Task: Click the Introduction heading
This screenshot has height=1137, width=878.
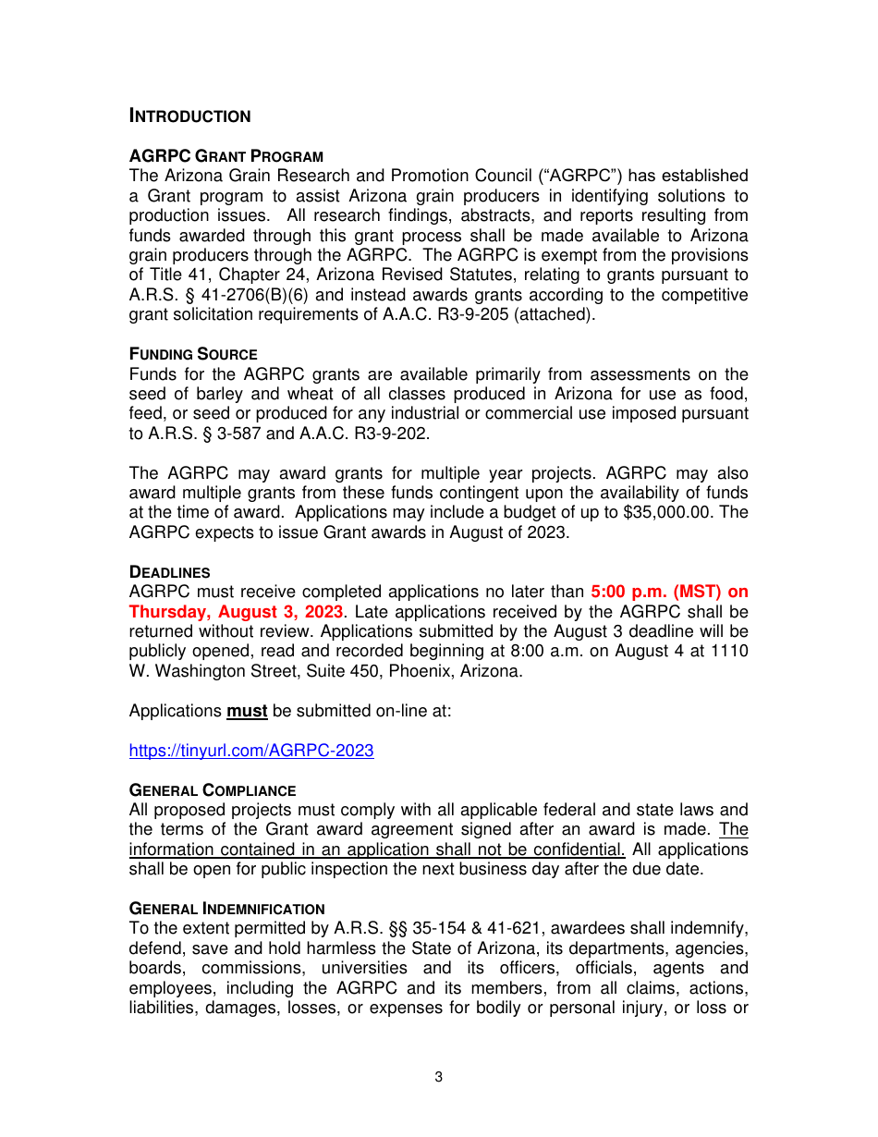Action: pos(189,116)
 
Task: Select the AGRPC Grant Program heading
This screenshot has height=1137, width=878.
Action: pos(226,156)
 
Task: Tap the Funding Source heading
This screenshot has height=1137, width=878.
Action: pos(193,354)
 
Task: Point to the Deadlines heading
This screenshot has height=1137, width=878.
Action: pos(170,572)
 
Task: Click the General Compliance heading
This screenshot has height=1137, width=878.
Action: pos(213,790)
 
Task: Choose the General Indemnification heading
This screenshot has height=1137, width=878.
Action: pos(226,909)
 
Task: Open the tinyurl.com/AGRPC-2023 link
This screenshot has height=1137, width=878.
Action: pos(251,751)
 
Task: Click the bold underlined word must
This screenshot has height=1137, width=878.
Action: pos(247,712)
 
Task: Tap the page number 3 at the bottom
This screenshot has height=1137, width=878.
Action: pos(439,1077)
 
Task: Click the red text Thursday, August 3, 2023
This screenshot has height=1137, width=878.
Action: pos(236,612)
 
